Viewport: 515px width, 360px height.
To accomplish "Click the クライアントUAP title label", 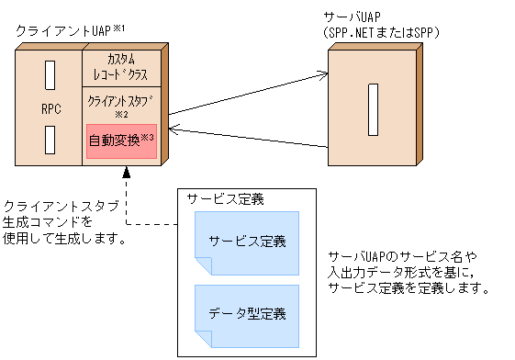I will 63,30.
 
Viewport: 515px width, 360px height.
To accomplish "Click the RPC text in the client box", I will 51,108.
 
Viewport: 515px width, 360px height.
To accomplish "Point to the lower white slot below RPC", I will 51,140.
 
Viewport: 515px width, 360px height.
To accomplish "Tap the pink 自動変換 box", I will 121,141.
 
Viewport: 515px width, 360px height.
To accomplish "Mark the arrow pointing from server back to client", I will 248,138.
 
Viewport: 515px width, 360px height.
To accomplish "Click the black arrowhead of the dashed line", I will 126,174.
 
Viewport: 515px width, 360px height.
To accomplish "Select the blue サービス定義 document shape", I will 246,242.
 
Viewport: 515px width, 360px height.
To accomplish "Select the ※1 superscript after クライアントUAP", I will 118,28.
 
